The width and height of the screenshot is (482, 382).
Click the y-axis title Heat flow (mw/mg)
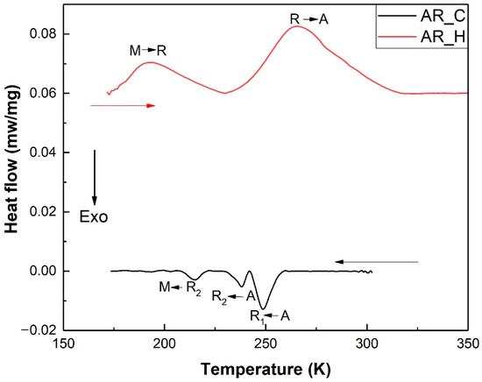pyautogui.click(x=11, y=166)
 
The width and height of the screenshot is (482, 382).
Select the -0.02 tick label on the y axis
pyautogui.click(x=39, y=330)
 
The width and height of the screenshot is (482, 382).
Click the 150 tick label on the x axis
pyautogui.click(x=62, y=343)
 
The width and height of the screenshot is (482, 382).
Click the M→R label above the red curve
pyautogui.click(x=146, y=50)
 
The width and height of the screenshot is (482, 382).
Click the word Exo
pyautogui.click(x=95, y=216)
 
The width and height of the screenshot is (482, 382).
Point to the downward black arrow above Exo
pyautogui.click(x=95, y=175)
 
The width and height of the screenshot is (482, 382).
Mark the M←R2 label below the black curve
pyautogui.click(x=180, y=287)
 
